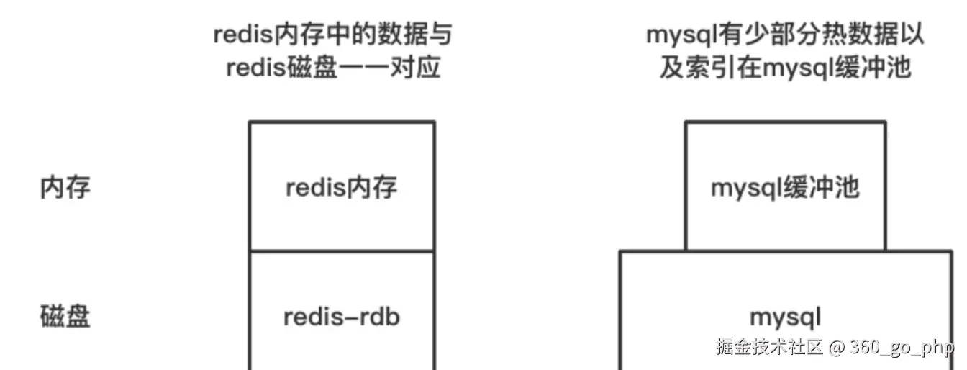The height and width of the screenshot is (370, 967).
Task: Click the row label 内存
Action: [65, 189]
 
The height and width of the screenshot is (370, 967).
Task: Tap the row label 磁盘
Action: [65, 317]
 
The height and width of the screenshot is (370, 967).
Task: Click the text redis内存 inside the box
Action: [342, 189]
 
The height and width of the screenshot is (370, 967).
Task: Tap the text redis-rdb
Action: [342, 317]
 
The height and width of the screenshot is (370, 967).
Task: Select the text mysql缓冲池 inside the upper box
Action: [785, 189]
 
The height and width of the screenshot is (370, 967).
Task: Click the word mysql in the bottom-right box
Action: [785, 317]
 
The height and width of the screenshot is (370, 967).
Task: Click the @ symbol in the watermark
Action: [835, 347]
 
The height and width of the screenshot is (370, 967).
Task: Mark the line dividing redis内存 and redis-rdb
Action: [342, 252]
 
